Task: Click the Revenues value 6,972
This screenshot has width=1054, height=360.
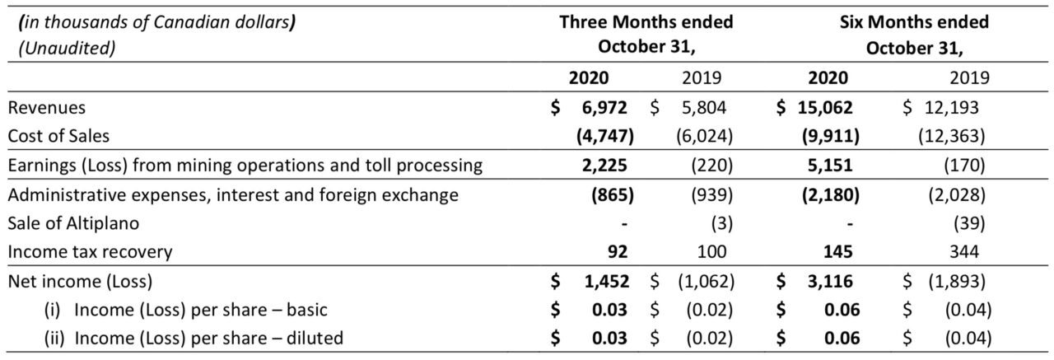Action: [x=604, y=108]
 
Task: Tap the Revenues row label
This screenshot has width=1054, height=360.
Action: [x=47, y=108]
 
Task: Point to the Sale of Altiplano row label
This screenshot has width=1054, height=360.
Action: [x=73, y=223]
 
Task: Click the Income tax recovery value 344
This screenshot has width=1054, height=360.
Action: [x=964, y=252]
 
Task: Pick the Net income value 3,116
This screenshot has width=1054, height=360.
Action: [x=830, y=282]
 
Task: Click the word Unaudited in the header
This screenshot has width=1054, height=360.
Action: [x=67, y=48]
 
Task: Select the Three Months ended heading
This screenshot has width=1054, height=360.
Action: [x=646, y=22]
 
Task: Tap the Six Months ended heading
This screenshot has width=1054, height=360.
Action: [x=914, y=22]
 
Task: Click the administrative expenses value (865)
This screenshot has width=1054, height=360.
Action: [x=613, y=194]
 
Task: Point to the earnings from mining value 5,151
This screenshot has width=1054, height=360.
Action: [x=830, y=166]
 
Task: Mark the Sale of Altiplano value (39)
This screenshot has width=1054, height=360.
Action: [x=969, y=223]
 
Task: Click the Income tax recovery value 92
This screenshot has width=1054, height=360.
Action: [x=618, y=252]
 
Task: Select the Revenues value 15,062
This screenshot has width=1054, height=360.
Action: [x=825, y=108]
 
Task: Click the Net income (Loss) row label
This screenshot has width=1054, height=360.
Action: [x=81, y=282]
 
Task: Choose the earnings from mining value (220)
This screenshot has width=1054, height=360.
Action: [x=711, y=166]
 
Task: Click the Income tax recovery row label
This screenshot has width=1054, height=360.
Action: [x=90, y=252]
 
